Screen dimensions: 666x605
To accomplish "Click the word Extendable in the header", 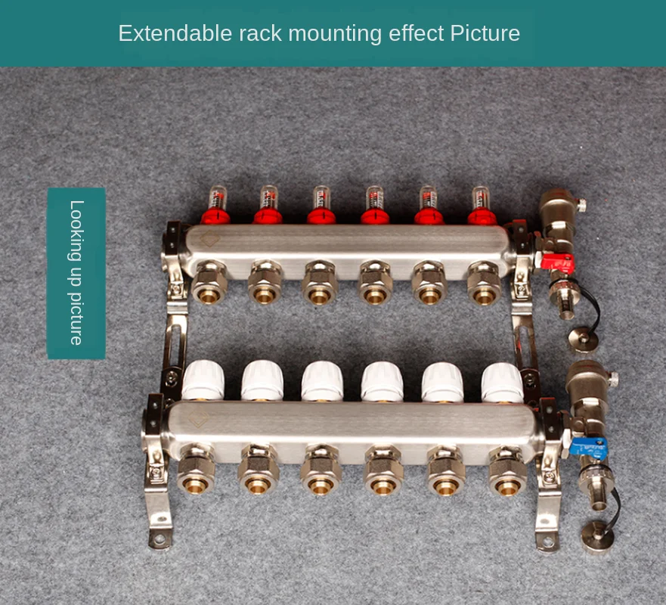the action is (x=162, y=34).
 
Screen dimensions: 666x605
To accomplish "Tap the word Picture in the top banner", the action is (x=485, y=34).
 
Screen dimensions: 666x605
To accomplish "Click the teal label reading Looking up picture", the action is (x=76, y=273).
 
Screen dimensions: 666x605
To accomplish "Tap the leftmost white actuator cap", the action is (x=203, y=380).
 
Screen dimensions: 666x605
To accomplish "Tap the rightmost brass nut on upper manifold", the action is (x=484, y=283).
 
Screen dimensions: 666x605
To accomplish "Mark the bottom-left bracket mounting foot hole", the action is (x=159, y=539).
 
